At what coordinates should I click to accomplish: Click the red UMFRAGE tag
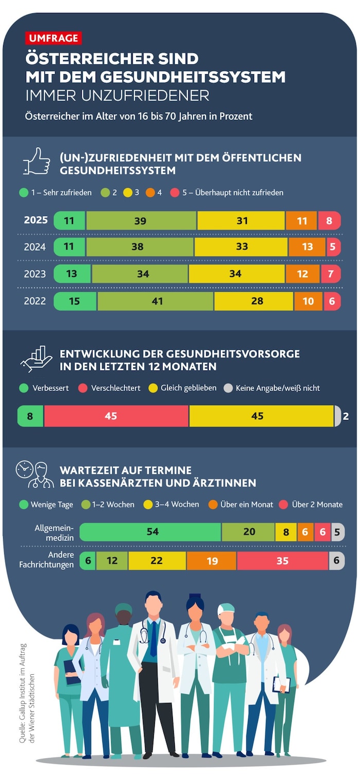(x=53, y=38)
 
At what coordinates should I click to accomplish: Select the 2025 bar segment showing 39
(x=141, y=221)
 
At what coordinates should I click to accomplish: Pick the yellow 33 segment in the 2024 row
(x=241, y=247)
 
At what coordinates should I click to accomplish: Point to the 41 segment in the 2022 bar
(x=155, y=301)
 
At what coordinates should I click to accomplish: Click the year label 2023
(x=35, y=274)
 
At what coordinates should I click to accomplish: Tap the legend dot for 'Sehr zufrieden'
(x=24, y=193)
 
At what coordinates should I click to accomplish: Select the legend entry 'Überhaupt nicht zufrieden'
(x=233, y=193)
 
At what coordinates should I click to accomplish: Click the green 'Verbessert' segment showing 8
(x=30, y=416)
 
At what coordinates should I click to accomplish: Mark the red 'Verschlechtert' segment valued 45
(x=116, y=416)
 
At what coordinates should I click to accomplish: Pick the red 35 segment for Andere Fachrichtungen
(x=282, y=561)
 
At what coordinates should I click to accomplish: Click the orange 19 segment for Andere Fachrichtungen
(x=212, y=561)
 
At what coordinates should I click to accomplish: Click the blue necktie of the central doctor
(x=153, y=638)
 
